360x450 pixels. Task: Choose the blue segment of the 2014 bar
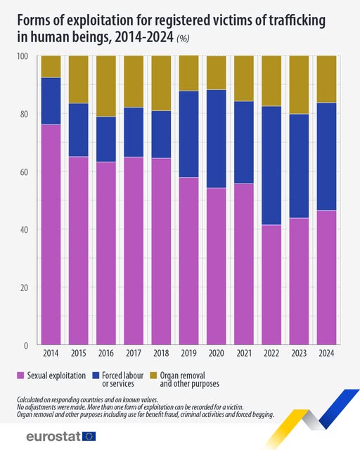(51, 101)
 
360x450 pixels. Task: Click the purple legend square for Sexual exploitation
(20, 376)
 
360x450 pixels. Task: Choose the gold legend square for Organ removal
(153, 376)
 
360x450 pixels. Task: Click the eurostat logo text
(53, 436)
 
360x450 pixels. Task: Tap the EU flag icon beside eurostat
(89, 436)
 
